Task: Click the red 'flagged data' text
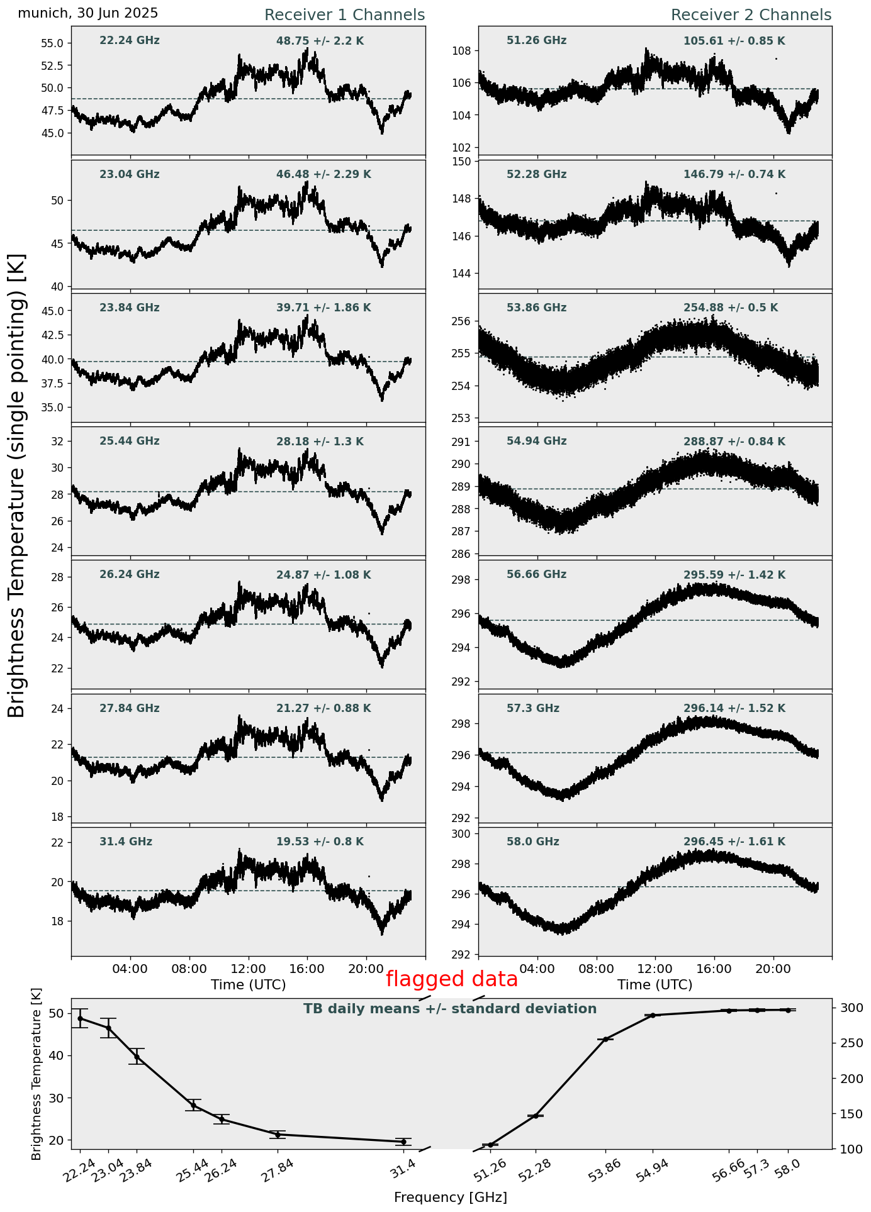click(451, 979)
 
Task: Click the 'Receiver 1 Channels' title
click(344, 15)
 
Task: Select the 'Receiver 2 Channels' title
click(751, 15)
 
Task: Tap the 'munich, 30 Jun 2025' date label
click(88, 13)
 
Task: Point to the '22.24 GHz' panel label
click(130, 41)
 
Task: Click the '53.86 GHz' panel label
click(536, 308)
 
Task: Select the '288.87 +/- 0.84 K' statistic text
click(734, 442)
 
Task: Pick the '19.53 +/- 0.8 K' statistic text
click(320, 842)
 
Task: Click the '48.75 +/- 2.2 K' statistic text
click(320, 42)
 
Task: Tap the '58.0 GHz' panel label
click(532, 842)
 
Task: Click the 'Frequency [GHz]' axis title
click(451, 1198)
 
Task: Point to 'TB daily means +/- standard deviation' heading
click(450, 1009)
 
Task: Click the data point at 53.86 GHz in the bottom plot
click(605, 1039)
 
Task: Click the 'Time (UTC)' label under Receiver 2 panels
click(655, 985)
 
